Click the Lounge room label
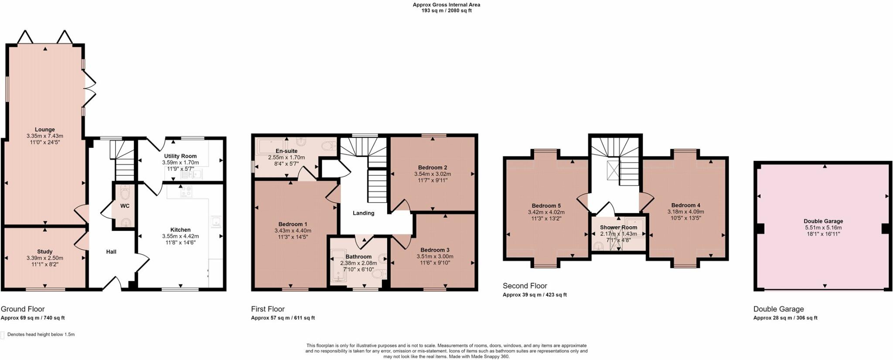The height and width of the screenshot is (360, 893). click(45, 129)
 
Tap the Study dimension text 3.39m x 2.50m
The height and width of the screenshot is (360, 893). click(44, 258)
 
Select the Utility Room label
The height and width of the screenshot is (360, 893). click(180, 156)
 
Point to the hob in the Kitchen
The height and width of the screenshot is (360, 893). click(186, 190)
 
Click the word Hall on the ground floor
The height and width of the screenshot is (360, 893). click(111, 251)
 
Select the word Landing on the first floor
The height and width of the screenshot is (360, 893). click(363, 213)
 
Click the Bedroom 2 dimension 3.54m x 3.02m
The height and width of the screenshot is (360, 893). click(432, 174)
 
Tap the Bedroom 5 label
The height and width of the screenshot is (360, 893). click(546, 206)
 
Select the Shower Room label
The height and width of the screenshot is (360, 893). click(618, 228)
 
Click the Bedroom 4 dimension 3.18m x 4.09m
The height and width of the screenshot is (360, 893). click(685, 212)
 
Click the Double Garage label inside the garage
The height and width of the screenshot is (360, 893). click(823, 221)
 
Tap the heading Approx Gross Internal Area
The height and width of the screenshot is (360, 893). click(446, 5)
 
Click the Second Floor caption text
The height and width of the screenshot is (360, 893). click(525, 286)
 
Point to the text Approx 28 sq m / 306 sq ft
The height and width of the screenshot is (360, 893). click(785, 318)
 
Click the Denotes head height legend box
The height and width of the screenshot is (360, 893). click(3, 335)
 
